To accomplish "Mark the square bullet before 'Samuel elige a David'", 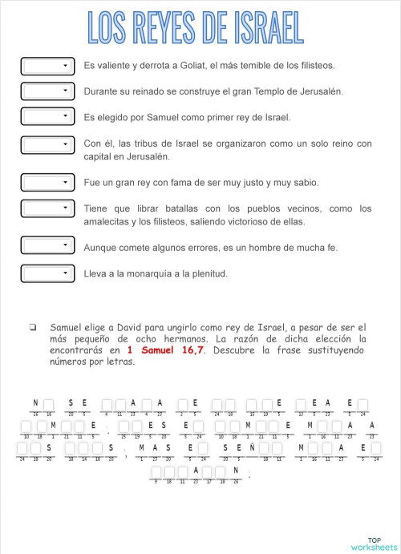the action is [x=33, y=327].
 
